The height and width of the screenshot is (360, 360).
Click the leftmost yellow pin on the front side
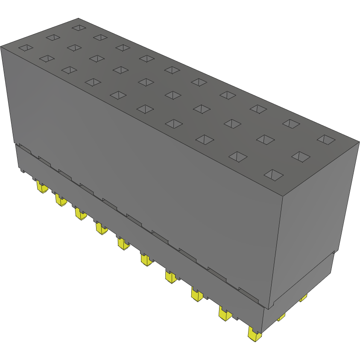(41, 187)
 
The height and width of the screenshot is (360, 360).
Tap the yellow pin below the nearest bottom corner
(255, 334)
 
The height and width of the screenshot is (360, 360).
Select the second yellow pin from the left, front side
(60, 199)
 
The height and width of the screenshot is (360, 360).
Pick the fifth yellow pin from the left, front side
(123, 244)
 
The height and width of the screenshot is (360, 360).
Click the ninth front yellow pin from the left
(225, 314)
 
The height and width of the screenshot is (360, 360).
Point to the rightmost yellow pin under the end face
(303, 298)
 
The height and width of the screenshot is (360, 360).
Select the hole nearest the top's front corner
(273, 174)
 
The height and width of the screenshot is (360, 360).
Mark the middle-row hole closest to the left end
(53, 38)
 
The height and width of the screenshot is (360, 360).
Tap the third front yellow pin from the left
(80, 214)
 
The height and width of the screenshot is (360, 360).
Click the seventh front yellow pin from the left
(171, 277)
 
